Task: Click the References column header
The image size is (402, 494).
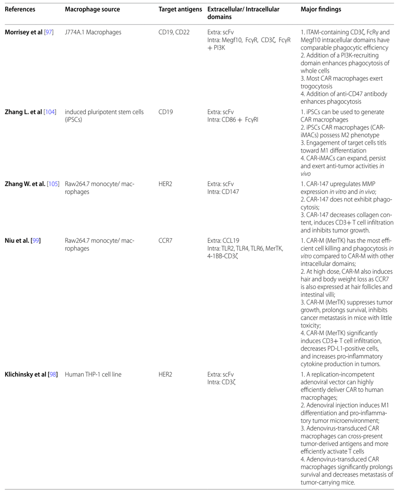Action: click(20, 9)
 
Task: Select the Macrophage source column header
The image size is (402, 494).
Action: click(92, 9)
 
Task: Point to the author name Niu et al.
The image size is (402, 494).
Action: click(17, 240)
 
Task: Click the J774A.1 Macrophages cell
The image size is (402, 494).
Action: click(93, 32)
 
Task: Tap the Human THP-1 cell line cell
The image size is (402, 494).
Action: click(93, 374)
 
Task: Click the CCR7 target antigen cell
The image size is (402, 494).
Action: click(166, 240)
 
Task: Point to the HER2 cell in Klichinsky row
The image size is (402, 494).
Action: click(165, 374)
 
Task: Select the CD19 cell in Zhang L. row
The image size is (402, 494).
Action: click(166, 112)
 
